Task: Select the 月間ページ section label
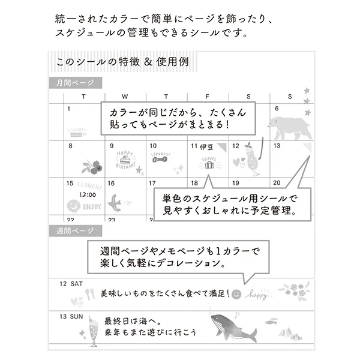coord(72,83)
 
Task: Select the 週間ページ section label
coord(72,231)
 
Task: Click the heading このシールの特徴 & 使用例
coord(120,62)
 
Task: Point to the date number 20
coord(277,184)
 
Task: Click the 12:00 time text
coord(87,195)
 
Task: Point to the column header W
coord(125,96)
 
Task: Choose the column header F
coord(207,96)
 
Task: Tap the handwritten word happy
coord(259,295)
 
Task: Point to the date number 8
coord(71,146)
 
